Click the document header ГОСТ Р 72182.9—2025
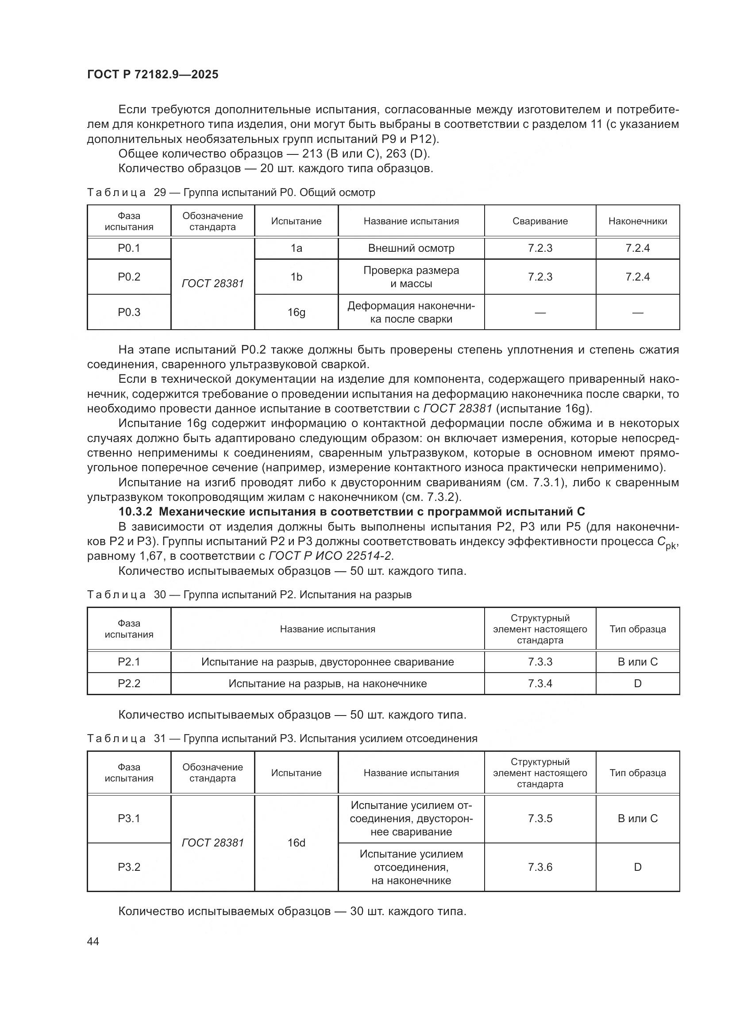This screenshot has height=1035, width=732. coord(153,74)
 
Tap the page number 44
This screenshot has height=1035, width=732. coord(93,942)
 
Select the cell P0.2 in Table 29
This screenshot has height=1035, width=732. coord(129,277)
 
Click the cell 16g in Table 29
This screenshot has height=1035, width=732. coord(296,312)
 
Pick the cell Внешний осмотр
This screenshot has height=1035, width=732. coord(411,248)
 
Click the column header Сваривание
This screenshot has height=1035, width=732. coord(540,221)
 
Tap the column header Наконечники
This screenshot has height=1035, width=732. coord(637,221)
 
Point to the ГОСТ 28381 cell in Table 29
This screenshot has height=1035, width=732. coord(212,284)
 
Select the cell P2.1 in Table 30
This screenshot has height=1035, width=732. coord(129,662)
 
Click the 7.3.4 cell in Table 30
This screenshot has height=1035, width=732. coord(540,683)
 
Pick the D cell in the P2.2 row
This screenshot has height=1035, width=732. coord(637,683)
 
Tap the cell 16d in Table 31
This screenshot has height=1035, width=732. coord(296,843)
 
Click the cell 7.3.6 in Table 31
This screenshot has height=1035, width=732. coord(540,867)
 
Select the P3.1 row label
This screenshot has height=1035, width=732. coord(129,818)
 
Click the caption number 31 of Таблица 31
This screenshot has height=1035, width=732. coord(160,739)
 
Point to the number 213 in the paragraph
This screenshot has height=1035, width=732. coord(312,154)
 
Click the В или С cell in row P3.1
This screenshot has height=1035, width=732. coord(637,818)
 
